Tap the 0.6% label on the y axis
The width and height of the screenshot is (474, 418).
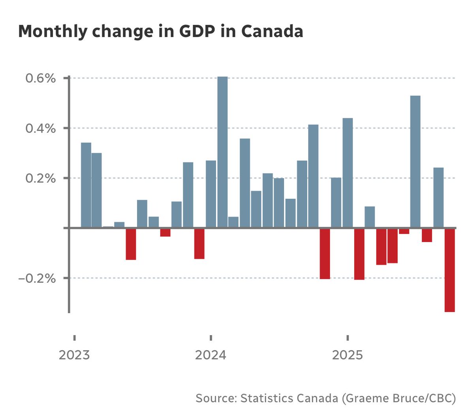click(41, 78)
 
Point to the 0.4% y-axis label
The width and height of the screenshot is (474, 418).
click(41, 129)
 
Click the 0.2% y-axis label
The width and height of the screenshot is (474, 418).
click(41, 179)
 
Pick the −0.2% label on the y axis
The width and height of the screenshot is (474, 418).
click(38, 278)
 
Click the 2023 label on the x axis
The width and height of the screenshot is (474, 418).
click(74, 355)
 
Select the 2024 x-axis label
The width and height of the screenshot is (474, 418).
click(211, 355)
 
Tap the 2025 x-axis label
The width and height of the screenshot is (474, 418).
click(347, 355)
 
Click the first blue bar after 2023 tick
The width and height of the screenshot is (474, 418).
click(86, 185)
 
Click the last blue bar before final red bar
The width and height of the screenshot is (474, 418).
click(438, 198)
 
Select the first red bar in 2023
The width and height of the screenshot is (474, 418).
click(131, 244)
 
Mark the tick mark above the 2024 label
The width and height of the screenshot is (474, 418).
click(211, 338)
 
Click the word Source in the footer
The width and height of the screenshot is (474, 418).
click(216, 398)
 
